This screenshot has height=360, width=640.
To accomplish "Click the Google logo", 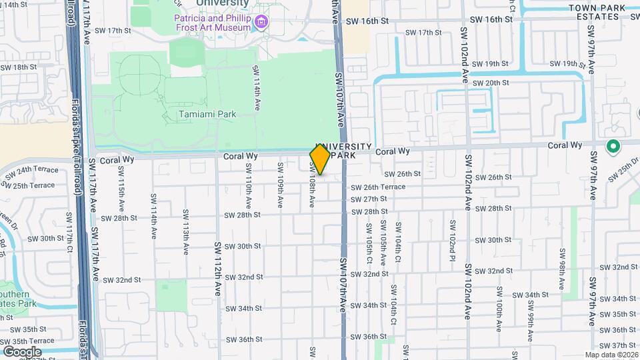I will pos(22,351).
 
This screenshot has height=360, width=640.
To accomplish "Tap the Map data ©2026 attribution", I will pos(611,355).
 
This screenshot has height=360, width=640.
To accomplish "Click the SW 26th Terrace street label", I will pos(378,187).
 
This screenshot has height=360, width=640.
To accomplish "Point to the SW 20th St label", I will pos(490,83).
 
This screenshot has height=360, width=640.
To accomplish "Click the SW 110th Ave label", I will pos(248,191).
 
